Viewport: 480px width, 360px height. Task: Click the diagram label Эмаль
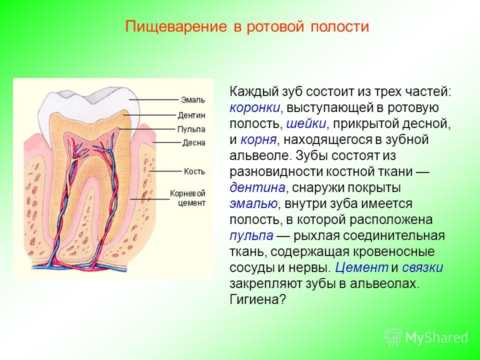coord(193,100)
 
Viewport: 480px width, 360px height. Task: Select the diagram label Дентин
coord(191,115)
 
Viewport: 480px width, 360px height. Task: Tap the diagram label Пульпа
coord(191,129)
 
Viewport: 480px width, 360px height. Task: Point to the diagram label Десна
coord(194,143)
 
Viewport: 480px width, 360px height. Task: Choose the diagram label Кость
coord(194,171)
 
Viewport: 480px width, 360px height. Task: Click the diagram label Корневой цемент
coord(187,198)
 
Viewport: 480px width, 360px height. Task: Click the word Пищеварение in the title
coord(176,27)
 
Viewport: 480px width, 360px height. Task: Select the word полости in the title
coord(340,27)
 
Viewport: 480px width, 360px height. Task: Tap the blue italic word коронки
coord(254,108)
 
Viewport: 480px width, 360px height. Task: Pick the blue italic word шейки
coord(306,123)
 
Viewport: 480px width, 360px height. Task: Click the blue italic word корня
coord(258,140)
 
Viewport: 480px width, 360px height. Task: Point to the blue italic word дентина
coord(257,187)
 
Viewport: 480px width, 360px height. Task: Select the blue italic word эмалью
coord(253,203)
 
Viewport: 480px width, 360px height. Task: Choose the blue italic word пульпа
coord(251,236)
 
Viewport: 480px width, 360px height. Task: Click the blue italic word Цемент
coord(361,267)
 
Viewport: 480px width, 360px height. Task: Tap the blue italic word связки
coord(422,267)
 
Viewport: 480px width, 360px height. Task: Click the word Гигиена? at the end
coord(257,299)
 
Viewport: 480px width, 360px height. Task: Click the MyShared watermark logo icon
coord(393,337)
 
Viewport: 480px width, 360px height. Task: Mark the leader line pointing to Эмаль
coord(153,100)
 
